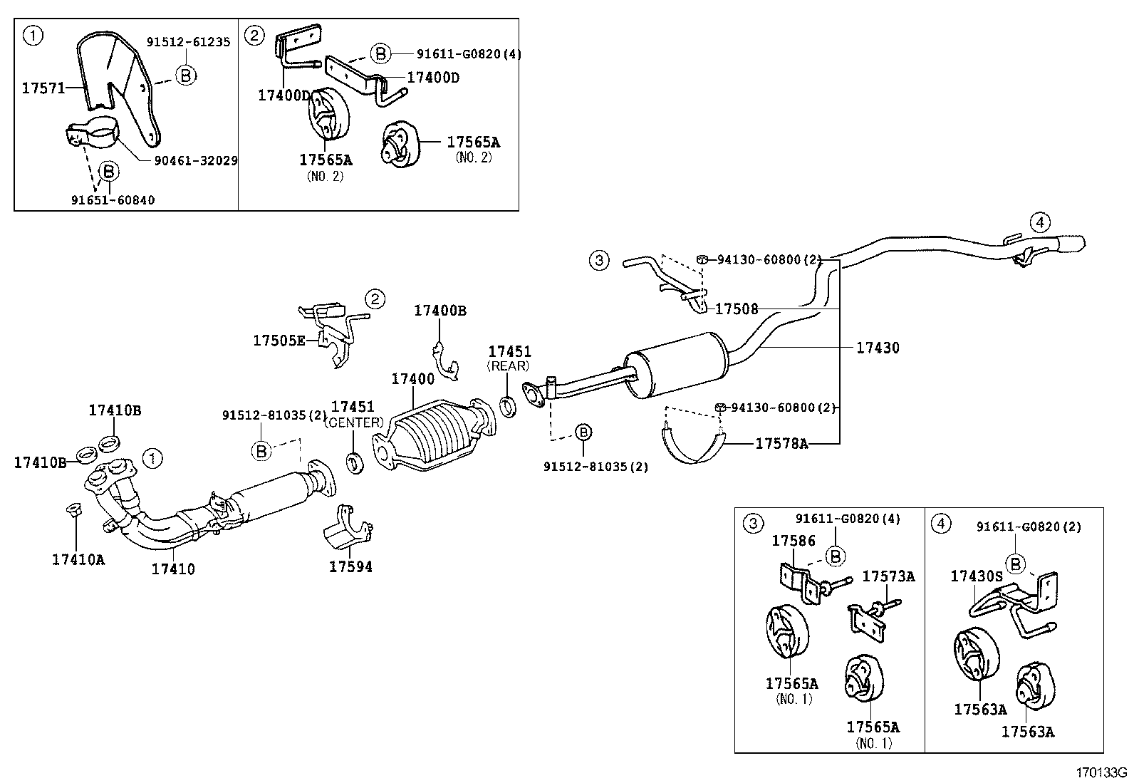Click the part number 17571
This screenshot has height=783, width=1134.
[42, 88]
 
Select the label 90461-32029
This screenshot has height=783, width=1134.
[196, 161]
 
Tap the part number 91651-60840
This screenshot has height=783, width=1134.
[112, 200]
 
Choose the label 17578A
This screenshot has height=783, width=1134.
[781, 444]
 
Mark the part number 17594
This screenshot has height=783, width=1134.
[350, 567]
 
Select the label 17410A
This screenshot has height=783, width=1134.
[78, 559]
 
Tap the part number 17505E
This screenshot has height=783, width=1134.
[279, 341]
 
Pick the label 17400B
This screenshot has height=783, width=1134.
[440, 311]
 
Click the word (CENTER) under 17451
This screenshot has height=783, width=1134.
[353, 422]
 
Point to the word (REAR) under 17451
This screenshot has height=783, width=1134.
[509, 365]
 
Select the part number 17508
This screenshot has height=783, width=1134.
[737, 309]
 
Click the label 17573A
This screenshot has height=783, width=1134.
[888, 576]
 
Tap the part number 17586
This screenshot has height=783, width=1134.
[794, 541]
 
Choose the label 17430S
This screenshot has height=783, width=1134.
[976, 576]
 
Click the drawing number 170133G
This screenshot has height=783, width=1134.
[1102, 772]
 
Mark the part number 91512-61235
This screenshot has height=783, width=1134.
[188, 42]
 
